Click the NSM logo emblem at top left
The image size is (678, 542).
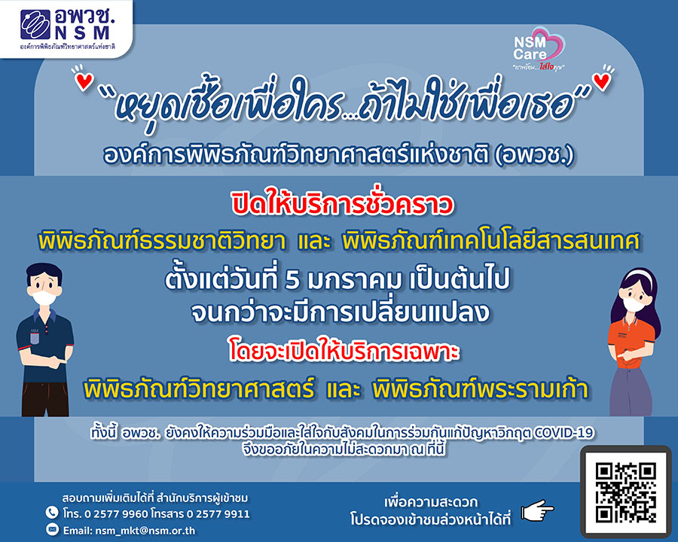click(35, 25)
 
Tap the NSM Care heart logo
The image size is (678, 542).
click(539, 48)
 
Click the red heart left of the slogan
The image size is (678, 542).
click(84, 81)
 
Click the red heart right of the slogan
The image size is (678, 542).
click(601, 81)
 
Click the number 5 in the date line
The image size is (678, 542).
click(292, 279)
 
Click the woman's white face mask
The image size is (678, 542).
click(632, 303)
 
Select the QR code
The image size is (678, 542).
click(626, 492)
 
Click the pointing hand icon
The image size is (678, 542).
click(537, 510)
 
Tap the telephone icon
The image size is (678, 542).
click(52, 513)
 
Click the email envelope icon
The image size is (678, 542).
click(52, 529)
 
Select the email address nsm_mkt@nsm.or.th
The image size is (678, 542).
click(145, 530)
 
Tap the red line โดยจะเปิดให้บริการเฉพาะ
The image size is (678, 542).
click(344, 352)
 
